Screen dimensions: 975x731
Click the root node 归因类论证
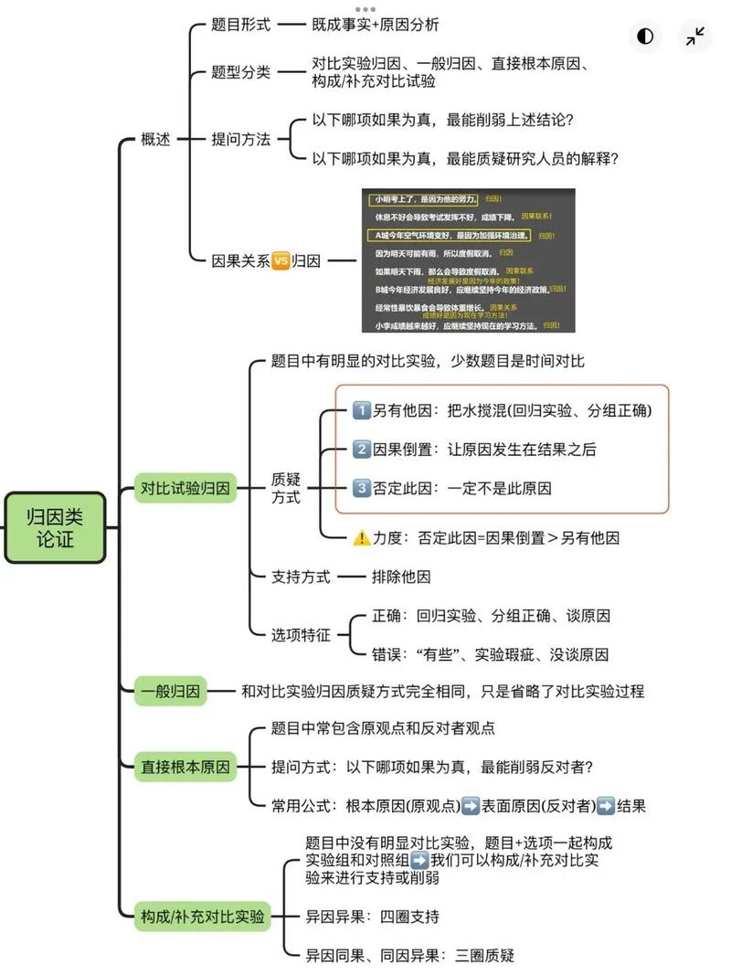tap(56, 527)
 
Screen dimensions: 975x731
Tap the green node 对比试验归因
tap(185, 488)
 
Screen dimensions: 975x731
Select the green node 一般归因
tap(171, 692)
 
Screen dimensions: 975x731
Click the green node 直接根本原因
tap(185, 767)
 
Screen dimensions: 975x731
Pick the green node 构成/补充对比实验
tap(203, 916)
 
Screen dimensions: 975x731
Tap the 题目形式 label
tap(241, 26)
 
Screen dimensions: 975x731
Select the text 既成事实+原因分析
tap(375, 26)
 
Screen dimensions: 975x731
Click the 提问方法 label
tap(241, 139)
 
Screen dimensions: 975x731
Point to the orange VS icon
tap(281, 261)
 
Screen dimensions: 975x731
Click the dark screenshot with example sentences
tap(469, 260)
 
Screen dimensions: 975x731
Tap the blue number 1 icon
tap(361, 411)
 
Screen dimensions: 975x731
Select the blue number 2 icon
tap(361, 450)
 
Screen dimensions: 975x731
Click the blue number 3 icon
tap(361, 488)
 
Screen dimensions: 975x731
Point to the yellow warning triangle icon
tap(361, 538)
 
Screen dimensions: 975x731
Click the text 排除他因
tap(400, 577)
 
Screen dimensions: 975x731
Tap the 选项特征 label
tap(301, 634)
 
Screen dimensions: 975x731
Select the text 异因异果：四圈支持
tap(372, 916)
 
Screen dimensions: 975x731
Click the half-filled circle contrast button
tap(646, 37)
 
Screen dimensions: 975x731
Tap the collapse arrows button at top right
tap(695, 37)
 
